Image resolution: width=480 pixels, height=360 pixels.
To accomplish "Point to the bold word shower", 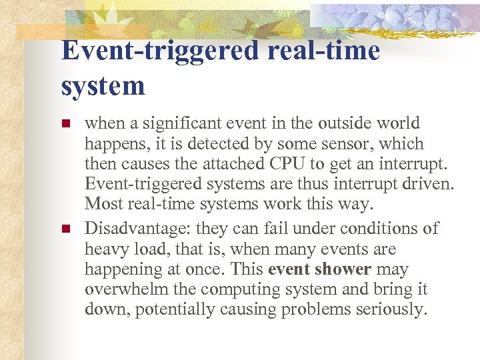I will pyautogui.click(x=345, y=270).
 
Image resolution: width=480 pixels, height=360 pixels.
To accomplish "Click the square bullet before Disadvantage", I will pyautogui.click(x=65, y=229).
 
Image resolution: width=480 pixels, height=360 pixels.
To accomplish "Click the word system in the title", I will pyautogui.click(x=103, y=86).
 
